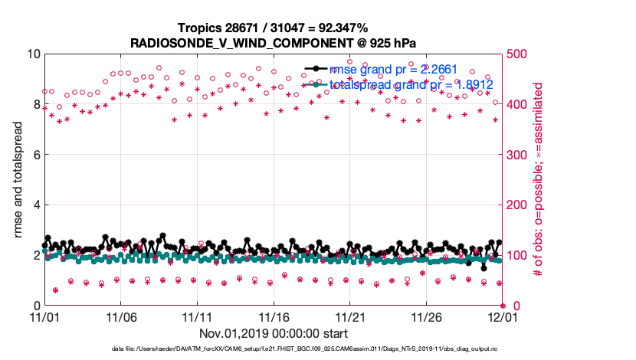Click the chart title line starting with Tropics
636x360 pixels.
[x=274, y=28]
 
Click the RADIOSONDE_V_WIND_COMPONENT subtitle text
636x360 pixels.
[x=274, y=42]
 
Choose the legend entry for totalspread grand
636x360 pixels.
[x=411, y=84]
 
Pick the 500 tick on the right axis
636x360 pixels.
[x=518, y=54]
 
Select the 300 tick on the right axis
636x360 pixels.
[x=518, y=155]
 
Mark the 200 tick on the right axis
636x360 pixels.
[x=518, y=205]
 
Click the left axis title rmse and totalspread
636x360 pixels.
[x=18, y=179]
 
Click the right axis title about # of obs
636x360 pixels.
[x=539, y=179]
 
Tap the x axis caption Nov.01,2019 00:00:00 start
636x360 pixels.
[x=274, y=333]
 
